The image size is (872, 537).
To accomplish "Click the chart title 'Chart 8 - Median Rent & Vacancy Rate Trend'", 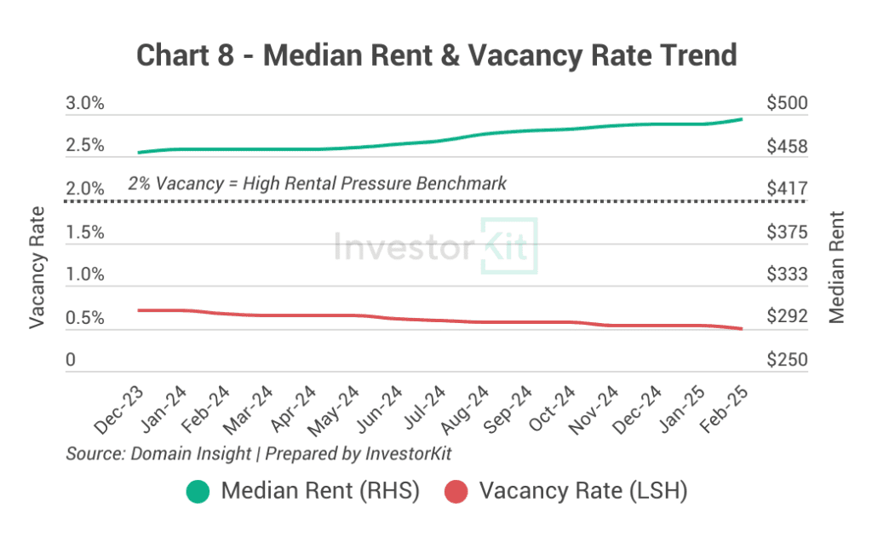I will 436,55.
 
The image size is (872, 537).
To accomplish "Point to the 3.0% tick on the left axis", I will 85,104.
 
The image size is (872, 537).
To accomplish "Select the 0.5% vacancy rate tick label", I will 85,319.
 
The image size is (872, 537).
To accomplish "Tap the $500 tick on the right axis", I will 786,104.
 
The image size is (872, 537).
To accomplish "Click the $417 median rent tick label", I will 786,188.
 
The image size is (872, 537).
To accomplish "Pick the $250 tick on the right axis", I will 786,361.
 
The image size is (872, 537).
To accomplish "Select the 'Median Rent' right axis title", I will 836,267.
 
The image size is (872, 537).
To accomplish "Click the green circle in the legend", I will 198,492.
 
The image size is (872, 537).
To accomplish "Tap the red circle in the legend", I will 457,492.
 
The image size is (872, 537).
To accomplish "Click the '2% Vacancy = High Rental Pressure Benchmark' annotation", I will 317,182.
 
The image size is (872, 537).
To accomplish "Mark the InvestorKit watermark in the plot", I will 435,246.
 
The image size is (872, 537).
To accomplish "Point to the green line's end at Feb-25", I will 742,119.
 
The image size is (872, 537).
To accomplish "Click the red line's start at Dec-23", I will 138,310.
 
